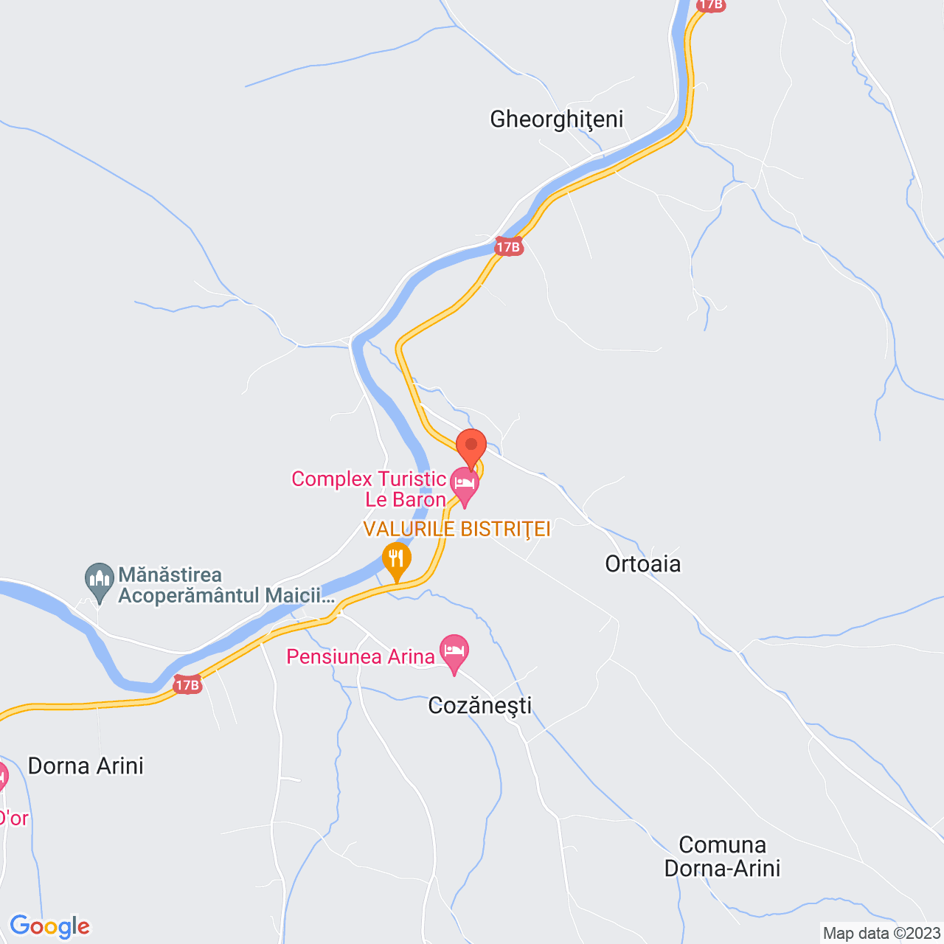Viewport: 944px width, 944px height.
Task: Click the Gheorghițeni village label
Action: pyautogui.click(x=557, y=119)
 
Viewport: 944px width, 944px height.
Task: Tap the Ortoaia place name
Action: pyautogui.click(x=643, y=563)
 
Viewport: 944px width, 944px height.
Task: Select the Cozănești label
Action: pyautogui.click(x=480, y=705)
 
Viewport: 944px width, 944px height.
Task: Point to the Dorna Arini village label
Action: pyautogui.click(x=86, y=766)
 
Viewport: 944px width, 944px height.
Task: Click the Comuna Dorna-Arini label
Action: pyautogui.click(x=722, y=856)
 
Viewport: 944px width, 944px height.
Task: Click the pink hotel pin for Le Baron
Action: pyautogui.click(x=465, y=485)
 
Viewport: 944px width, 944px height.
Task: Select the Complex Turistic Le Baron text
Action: pyautogui.click(x=369, y=489)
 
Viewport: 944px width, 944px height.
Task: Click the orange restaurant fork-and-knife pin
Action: pyautogui.click(x=397, y=560)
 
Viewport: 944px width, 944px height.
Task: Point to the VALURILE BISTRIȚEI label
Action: pyautogui.click(x=457, y=529)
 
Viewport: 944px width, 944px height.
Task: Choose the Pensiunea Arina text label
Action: pyautogui.click(x=361, y=656)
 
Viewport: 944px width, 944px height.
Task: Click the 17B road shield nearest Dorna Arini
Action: pyautogui.click(x=187, y=685)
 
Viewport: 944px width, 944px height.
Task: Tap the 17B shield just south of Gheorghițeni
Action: pyautogui.click(x=508, y=247)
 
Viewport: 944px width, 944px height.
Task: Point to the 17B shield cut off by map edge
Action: pyautogui.click(x=711, y=5)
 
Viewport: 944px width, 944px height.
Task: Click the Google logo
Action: pyautogui.click(x=49, y=926)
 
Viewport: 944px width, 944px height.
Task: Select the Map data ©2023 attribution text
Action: pyautogui.click(x=881, y=933)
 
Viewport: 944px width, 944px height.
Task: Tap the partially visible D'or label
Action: pyautogui.click(x=13, y=818)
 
